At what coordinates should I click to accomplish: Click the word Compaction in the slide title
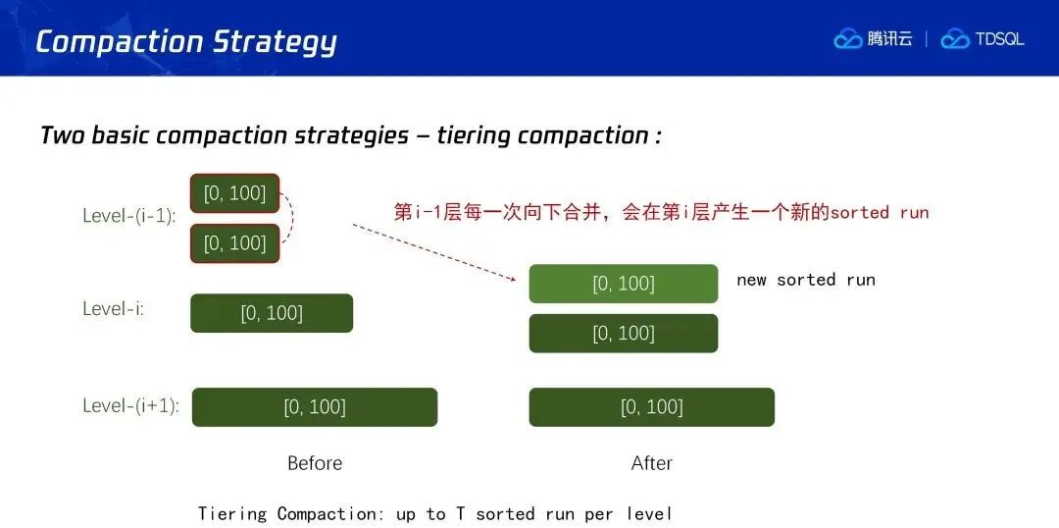coord(119,41)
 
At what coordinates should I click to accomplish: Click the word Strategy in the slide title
coord(275,43)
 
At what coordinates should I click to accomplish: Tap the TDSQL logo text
coord(999,39)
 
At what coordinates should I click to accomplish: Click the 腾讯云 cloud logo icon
coord(848,39)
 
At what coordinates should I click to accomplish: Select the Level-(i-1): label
coord(129,216)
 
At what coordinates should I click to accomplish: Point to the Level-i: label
coord(113,309)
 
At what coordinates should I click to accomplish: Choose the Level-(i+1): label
coord(131,405)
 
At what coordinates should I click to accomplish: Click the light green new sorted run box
coord(624,284)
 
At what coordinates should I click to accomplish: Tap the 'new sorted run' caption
coord(806,280)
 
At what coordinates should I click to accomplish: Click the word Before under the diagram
coord(315,463)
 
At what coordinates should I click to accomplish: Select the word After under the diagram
coord(652,463)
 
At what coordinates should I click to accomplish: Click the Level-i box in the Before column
coord(272,313)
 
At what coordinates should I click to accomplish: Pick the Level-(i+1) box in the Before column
coord(315,407)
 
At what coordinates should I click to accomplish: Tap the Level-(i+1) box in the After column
coord(652,407)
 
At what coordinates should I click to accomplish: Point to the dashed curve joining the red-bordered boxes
coord(292,218)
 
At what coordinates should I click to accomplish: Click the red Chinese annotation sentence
coord(661,212)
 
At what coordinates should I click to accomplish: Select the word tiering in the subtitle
coord(473,135)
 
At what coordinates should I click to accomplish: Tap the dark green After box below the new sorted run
coord(624,334)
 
